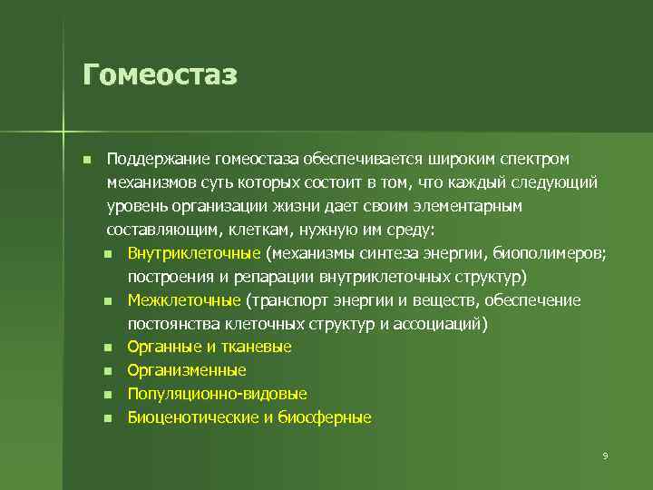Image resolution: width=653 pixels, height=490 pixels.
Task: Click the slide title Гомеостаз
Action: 160,73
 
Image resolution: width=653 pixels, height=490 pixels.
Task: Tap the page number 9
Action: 605,456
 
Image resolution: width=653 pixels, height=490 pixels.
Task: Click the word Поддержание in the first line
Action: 156,160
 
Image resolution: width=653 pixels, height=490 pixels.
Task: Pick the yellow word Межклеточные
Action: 184,300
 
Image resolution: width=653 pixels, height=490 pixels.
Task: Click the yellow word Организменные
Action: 187,370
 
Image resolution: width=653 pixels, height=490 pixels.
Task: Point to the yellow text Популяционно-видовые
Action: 217,394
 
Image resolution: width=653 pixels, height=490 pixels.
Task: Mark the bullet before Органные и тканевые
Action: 108,348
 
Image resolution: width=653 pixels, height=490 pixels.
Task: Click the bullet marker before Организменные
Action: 108,371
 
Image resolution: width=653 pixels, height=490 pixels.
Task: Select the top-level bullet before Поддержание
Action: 86,160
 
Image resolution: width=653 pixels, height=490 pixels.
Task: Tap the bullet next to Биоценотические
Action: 108,418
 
